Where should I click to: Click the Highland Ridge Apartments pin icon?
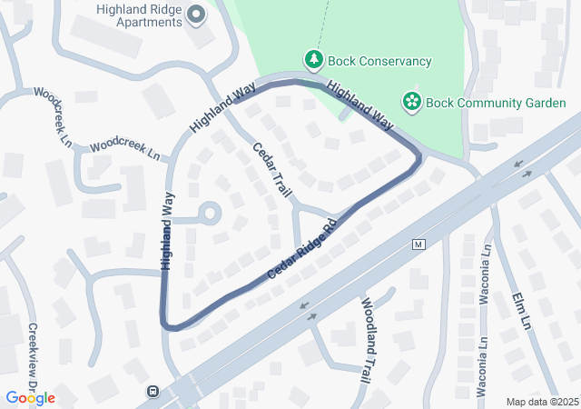[x=197, y=15]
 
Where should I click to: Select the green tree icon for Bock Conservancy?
[x=314, y=60]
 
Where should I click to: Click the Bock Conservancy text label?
[x=379, y=61]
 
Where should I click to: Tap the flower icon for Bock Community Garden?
[x=412, y=100]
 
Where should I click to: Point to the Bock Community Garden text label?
[x=497, y=102]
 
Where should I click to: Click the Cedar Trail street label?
[x=272, y=170]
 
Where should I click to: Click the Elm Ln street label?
[x=521, y=310]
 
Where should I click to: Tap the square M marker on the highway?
[x=419, y=244]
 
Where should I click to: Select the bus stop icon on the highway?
[x=153, y=392]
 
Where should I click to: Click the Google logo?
[x=30, y=398]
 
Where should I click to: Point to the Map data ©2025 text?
[x=540, y=402]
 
